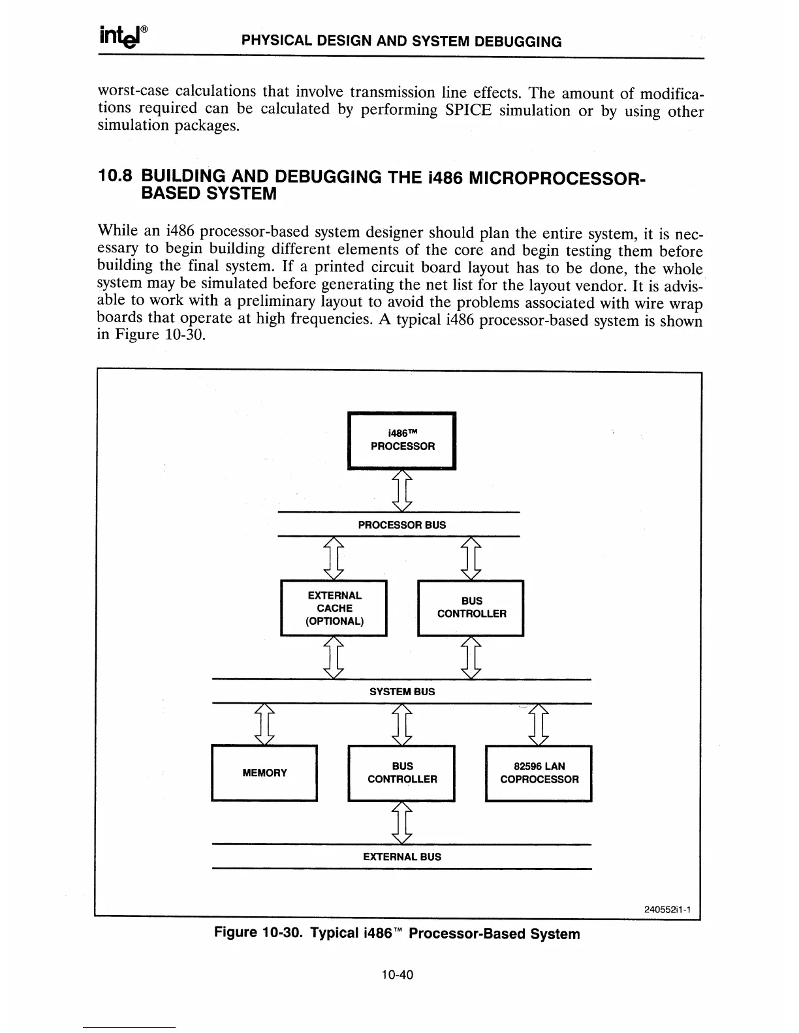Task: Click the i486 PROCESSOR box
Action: coord(402,440)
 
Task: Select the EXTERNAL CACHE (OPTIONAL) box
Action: coord(334,608)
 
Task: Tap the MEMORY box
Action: coord(264,773)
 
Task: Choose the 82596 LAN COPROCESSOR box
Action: coord(539,773)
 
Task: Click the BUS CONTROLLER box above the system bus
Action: coord(471,608)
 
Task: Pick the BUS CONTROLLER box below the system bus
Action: coord(401,773)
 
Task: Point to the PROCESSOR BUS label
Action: coord(402,525)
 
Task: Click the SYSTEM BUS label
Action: coord(402,692)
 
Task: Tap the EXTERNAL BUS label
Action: coord(402,857)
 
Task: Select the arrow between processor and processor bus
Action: coord(403,491)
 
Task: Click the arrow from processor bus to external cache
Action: coord(334,558)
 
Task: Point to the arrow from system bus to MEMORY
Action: coord(264,725)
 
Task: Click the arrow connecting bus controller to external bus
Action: coord(403,824)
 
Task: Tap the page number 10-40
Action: coord(398,976)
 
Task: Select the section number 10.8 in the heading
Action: coord(114,176)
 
